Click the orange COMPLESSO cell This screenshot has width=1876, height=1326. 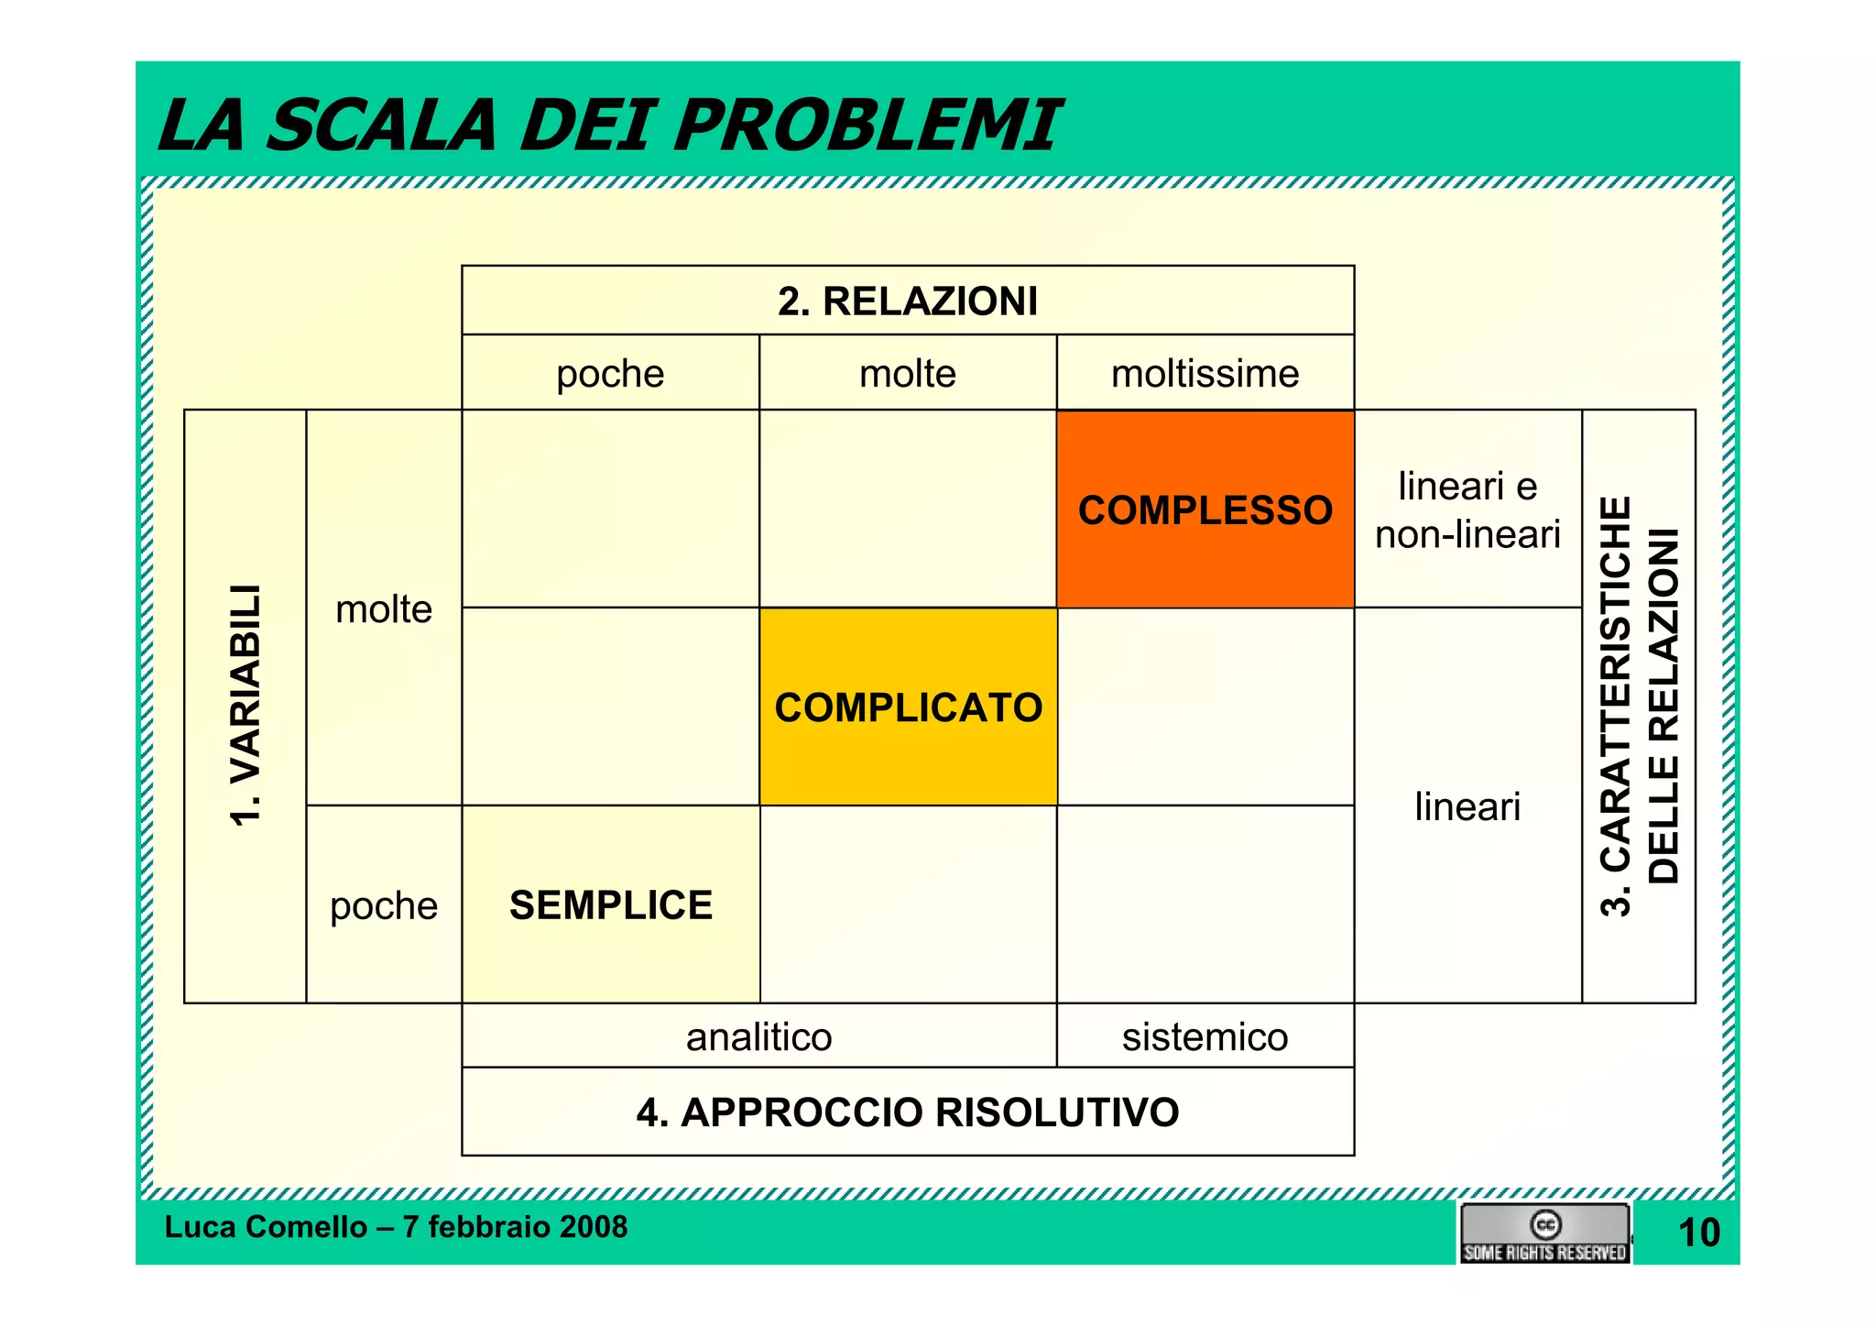[x=1205, y=510]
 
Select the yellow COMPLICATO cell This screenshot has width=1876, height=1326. [x=908, y=707]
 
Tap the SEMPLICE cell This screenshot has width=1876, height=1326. [x=611, y=904]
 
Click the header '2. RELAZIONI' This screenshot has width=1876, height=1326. [x=908, y=301]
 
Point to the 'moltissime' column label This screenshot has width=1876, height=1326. [x=1205, y=373]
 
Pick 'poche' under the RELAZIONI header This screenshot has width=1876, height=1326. [x=610, y=373]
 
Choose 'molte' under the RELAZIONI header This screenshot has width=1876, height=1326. [x=908, y=373]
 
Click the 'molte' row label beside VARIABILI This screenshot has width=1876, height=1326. [x=384, y=608]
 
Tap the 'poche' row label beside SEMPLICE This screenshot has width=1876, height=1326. [x=384, y=905]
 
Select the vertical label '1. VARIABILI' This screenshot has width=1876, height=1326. [x=245, y=706]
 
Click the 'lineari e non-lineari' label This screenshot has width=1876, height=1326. [x=1467, y=510]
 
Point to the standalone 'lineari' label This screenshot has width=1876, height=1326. [x=1467, y=806]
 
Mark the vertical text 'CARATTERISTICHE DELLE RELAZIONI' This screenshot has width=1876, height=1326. [x=1639, y=706]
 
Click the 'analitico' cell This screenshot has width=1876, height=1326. [x=758, y=1036]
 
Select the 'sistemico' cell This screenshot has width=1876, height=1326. [x=1205, y=1036]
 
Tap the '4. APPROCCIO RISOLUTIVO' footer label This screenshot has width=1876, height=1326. [x=908, y=1112]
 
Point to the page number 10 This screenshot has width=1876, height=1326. [x=1698, y=1233]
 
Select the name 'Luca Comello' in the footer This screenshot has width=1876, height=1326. [x=266, y=1226]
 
